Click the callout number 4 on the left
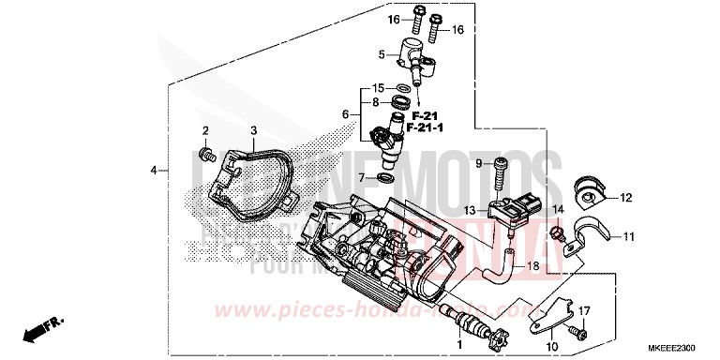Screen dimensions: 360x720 [x=153, y=171]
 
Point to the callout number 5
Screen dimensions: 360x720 [x=382, y=54]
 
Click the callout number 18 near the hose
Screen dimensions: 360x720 [x=532, y=266]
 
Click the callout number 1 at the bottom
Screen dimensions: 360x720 [x=458, y=345]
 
